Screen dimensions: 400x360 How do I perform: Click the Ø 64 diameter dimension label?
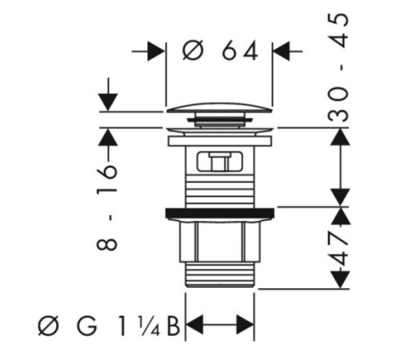[x=220, y=50]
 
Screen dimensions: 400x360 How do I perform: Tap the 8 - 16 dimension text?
[x=106, y=207]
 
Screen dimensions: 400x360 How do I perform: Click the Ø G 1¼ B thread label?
[x=109, y=326]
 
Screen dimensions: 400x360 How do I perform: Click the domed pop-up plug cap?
[x=219, y=107]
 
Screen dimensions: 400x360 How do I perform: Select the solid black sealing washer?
[x=220, y=213]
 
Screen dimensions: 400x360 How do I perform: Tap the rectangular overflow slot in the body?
[x=219, y=161]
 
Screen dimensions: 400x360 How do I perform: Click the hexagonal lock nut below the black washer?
[x=219, y=240]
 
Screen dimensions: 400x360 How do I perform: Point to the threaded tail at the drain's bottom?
[x=220, y=274]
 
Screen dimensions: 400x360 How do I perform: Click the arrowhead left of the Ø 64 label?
[x=156, y=51]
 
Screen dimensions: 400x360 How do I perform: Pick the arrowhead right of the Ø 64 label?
[x=282, y=51]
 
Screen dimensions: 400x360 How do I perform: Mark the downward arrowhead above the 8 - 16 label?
[x=108, y=102]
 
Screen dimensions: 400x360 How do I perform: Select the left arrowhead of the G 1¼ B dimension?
[x=194, y=325]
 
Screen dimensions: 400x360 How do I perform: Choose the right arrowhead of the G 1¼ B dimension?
[x=246, y=325]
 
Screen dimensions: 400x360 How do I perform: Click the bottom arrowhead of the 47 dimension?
[x=340, y=280]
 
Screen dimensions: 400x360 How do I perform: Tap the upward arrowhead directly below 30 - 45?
[x=340, y=137]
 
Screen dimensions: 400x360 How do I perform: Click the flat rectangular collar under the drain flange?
[x=220, y=141]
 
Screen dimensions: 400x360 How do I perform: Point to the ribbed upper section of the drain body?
[x=220, y=193]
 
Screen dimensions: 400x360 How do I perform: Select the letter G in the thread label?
[x=86, y=326]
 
